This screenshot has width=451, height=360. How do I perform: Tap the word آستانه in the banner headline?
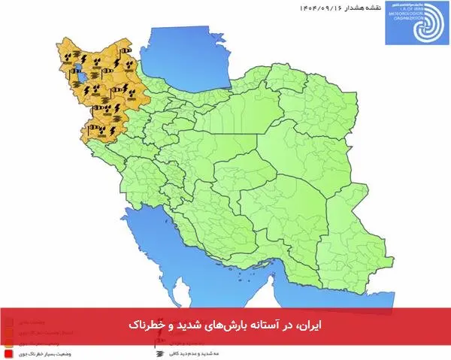tap(268, 324)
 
